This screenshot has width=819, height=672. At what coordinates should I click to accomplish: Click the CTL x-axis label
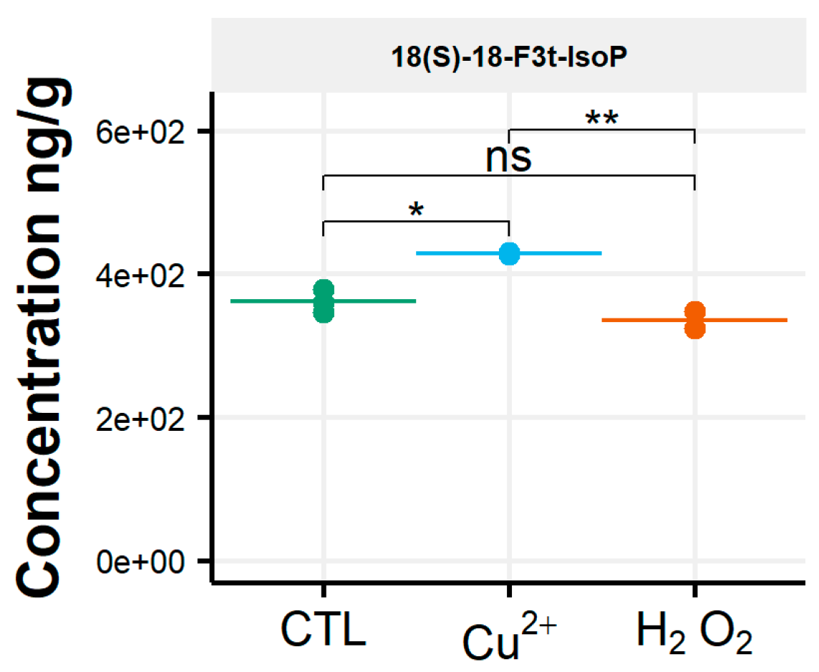324,631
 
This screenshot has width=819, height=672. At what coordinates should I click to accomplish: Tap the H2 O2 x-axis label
694,633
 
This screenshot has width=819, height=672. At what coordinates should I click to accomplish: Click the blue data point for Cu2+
509,253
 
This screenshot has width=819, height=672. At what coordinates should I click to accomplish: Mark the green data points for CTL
324,301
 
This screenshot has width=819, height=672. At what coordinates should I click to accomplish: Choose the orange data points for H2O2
694,320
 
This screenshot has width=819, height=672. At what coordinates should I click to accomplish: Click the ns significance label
509,158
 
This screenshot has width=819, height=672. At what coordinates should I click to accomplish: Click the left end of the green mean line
233,301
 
